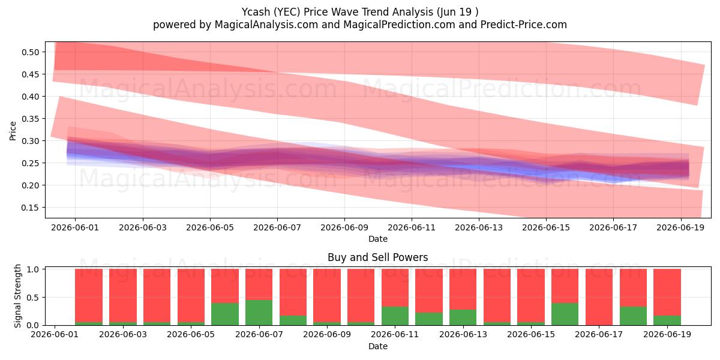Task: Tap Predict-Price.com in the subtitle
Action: (x=524, y=25)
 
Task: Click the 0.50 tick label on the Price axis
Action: (x=30, y=52)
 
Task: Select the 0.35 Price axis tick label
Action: (x=30, y=119)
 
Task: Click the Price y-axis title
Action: (x=13, y=131)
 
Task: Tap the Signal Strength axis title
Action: (x=17, y=296)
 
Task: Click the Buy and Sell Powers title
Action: (x=377, y=257)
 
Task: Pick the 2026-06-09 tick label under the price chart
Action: (x=344, y=227)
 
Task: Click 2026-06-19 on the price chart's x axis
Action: (x=680, y=227)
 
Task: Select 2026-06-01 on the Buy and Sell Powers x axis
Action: (x=55, y=334)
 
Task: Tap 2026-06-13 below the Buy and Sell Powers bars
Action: (x=463, y=334)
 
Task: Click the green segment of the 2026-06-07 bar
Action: (x=259, y=313)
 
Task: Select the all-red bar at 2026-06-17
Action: (x=599, y=297)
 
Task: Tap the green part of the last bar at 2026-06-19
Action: (x=667, y=320)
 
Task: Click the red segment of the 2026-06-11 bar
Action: (x=395, y=287)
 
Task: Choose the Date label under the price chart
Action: (x=377, y=239)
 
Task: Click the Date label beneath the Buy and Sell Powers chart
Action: (x=377, y=346)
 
